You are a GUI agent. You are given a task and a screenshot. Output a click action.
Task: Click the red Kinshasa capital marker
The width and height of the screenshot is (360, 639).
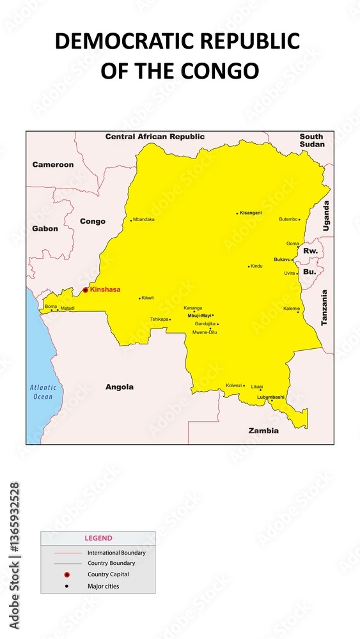[x=85, y=290]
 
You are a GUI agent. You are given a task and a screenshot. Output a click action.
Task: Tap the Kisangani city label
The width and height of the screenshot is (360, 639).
[x=251, y=213]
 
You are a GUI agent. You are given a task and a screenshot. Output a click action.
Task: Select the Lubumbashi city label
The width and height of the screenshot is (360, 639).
[x=270, y=397]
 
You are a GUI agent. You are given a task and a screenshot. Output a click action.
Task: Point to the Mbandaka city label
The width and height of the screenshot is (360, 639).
[x=144, y=219]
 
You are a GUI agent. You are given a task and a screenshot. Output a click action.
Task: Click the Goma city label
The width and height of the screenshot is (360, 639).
[x=292, y=243]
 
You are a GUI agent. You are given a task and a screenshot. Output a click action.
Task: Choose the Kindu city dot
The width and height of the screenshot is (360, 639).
[x=249, y=266]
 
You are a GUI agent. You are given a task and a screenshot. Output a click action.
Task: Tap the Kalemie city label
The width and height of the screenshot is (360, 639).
[x=291, y=309]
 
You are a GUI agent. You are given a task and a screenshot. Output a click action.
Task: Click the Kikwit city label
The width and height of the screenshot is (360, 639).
[x=148, y=298]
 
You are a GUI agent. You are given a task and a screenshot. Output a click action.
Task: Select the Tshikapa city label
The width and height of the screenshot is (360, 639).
[x=159, y=319]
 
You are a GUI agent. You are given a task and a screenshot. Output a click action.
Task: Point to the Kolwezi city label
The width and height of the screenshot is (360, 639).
[x=234, y=385]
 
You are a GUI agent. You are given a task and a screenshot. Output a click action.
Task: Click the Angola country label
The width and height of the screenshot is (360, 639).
[x=120, y=387]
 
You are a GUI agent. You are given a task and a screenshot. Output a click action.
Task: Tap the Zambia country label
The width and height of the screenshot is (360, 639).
[x=263, y=431]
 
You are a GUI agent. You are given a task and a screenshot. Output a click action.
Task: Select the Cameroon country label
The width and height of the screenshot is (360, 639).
[x=53, y=165]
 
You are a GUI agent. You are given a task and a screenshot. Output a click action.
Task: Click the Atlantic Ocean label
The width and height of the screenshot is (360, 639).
[x=43, y=392]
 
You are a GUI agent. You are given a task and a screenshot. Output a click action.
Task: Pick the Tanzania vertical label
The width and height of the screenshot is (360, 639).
[x=324, y=308]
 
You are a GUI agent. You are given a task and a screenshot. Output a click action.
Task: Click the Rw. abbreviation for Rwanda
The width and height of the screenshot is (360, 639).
[x=310, y=251]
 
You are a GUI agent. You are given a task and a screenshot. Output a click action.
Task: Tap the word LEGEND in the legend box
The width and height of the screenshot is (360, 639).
[x=98, y=538]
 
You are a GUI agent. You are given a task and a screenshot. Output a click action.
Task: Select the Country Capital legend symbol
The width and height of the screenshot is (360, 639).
[x=67, y=574]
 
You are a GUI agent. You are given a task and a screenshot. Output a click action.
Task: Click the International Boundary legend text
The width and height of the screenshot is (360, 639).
[x=116, y=553]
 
